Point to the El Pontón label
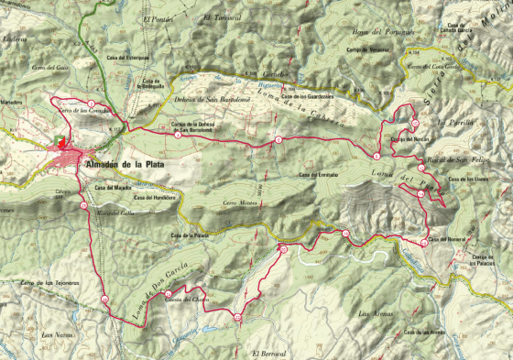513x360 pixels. pyautogui.click(x=157, y=17)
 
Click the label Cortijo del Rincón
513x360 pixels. pyautogui.click(x=409, y=139)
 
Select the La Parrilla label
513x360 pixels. pyautogui.click(x=453, y=121)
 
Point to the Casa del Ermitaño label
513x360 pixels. pyautogui.click(x=319, y=174)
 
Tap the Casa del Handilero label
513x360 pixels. pyautogui.click(x=153, y=197)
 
